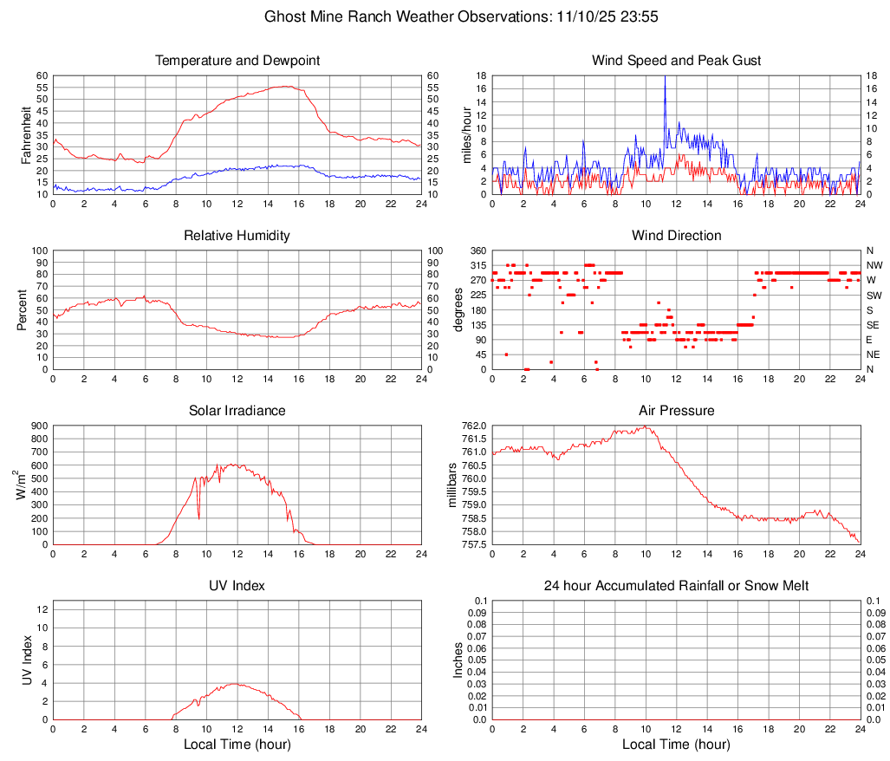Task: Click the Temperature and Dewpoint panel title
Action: tap(237, 61)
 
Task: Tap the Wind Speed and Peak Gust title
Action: tap(676, 61)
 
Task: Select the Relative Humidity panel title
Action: tap(237, 236)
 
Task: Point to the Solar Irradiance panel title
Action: tap(237, 410)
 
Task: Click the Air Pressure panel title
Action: tap(676, 410)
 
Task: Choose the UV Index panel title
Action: tap(237, 586)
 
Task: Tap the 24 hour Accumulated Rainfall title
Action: tap(676, 586)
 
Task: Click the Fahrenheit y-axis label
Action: tap(25, 134)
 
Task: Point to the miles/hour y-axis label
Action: tap(467, 134)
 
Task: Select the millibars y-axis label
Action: tap(453, 485)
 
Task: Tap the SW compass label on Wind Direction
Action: tap(874, 296)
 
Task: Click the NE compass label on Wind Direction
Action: tap(874, 354)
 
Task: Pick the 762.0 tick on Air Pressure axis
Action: tap(474, 426)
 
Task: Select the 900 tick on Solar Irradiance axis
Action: tap(38, 426)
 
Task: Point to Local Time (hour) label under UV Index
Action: tap(237, 745)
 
